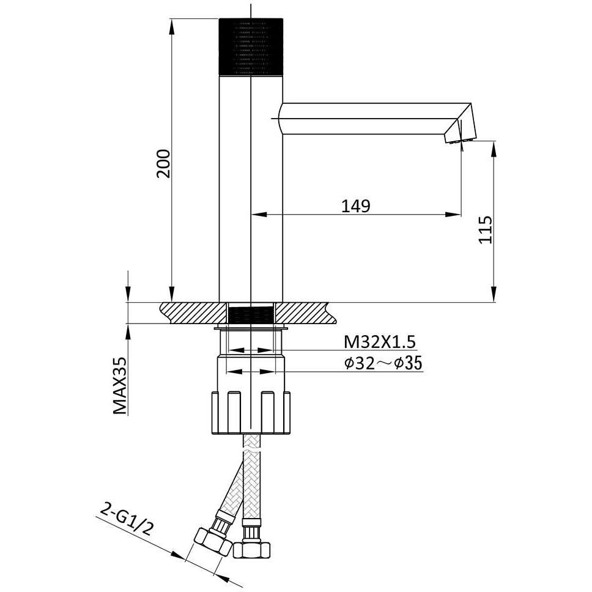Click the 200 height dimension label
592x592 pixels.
[x=164, y=163]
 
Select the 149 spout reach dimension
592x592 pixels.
[x=356, y=205]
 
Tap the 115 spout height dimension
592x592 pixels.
[x=486, y=229]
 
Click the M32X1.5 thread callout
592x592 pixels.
[x=379, y=342]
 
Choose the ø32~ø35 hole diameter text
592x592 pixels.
[x=383, y=363]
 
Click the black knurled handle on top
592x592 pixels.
[x=251, y=46]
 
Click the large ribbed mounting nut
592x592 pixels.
[x=251, y=413]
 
